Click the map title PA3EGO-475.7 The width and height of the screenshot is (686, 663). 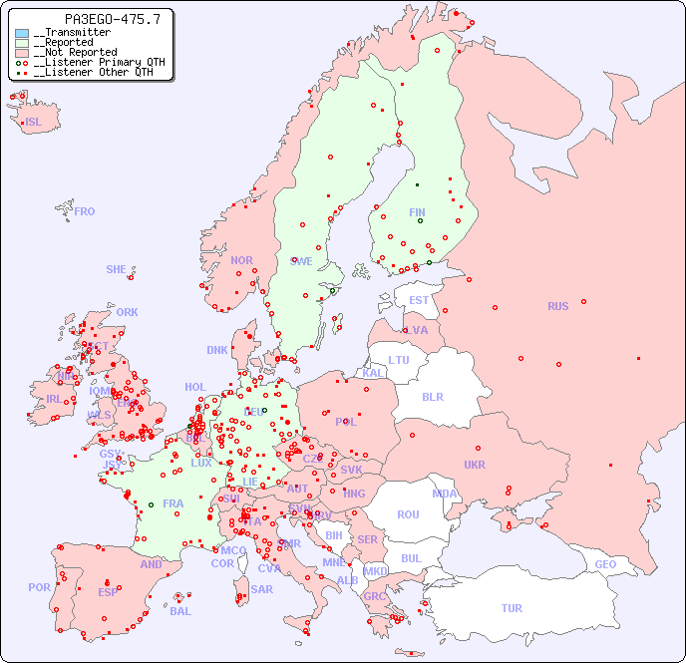click(x=98, y=19)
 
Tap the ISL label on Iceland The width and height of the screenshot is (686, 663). click(x=34, y=123)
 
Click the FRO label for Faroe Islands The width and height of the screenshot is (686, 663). click(x=85, y=211)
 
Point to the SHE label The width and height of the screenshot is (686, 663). click(x=117, y=269)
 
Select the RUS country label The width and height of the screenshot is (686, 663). click(x=557, y=306)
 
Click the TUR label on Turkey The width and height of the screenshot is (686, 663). click(x=512, y=608)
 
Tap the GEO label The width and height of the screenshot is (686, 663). click(x=605, y=564)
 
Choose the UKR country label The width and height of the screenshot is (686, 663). click(x=475, y=465)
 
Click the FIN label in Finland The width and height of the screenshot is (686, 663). click(x=417, y=212)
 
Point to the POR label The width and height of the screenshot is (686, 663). click(x=39, y=587)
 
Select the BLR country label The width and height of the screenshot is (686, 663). click(x=432, y=396)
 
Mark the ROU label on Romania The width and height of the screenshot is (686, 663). click(x=408, y=514)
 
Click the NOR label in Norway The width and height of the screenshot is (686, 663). click(x=241, y=260)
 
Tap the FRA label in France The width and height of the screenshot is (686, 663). click(x=173, y=503)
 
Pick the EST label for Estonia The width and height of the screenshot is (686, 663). click(x=419, y=300)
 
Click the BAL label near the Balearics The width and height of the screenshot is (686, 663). click(x=179, y=611)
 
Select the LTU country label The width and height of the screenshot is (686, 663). click(x=399, y=360)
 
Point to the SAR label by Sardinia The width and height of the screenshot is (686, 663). click(x=261, y=588)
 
